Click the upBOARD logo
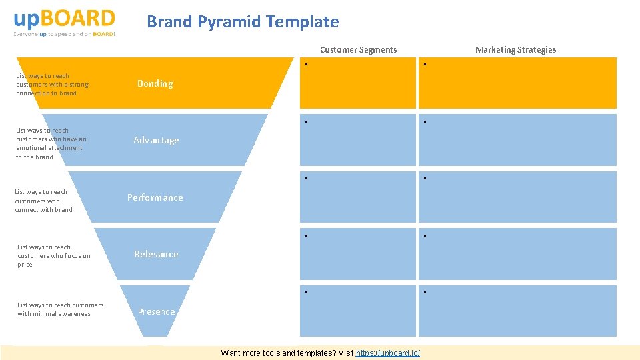pyautogui.click(x=64, y=18)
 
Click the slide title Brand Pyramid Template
pyautogui.click(x=243, y=22)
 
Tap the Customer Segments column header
pyautogui.click(x=358, y=49)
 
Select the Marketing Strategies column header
pyautogui.click(x=515, y=49)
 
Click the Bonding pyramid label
pyautogui.click(x=155, y=83)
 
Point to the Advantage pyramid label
pyautogui.click(x=156, y=140)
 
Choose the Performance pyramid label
pyautogui.click(x=155, y=197)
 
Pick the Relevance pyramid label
pyautogui.click(x=156, y=254)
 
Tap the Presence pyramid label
pyautogui.click(x=156, y=311)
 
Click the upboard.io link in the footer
pyautogui.click(x=388, y=353)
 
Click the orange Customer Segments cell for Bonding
pyautogui.click(x=357, y=83)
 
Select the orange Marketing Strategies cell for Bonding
pyautogui.click(x=517, y=83)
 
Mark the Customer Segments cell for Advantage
pyautogui.click(x=357, y=140)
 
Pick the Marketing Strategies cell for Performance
pyautogui.click(x=517, y=197)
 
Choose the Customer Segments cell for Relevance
pyautogui.click(x=357, y=254)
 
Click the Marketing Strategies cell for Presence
pyautogui.click(x=517, y=311)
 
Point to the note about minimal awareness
pyautogui.click(x=60, y=309)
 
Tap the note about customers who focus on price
pyautogui.click(x=54, y=255)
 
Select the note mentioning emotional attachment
pyautogui.click(x=51, y=143)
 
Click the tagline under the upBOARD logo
pyautogui.click(x=64, y=34)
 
